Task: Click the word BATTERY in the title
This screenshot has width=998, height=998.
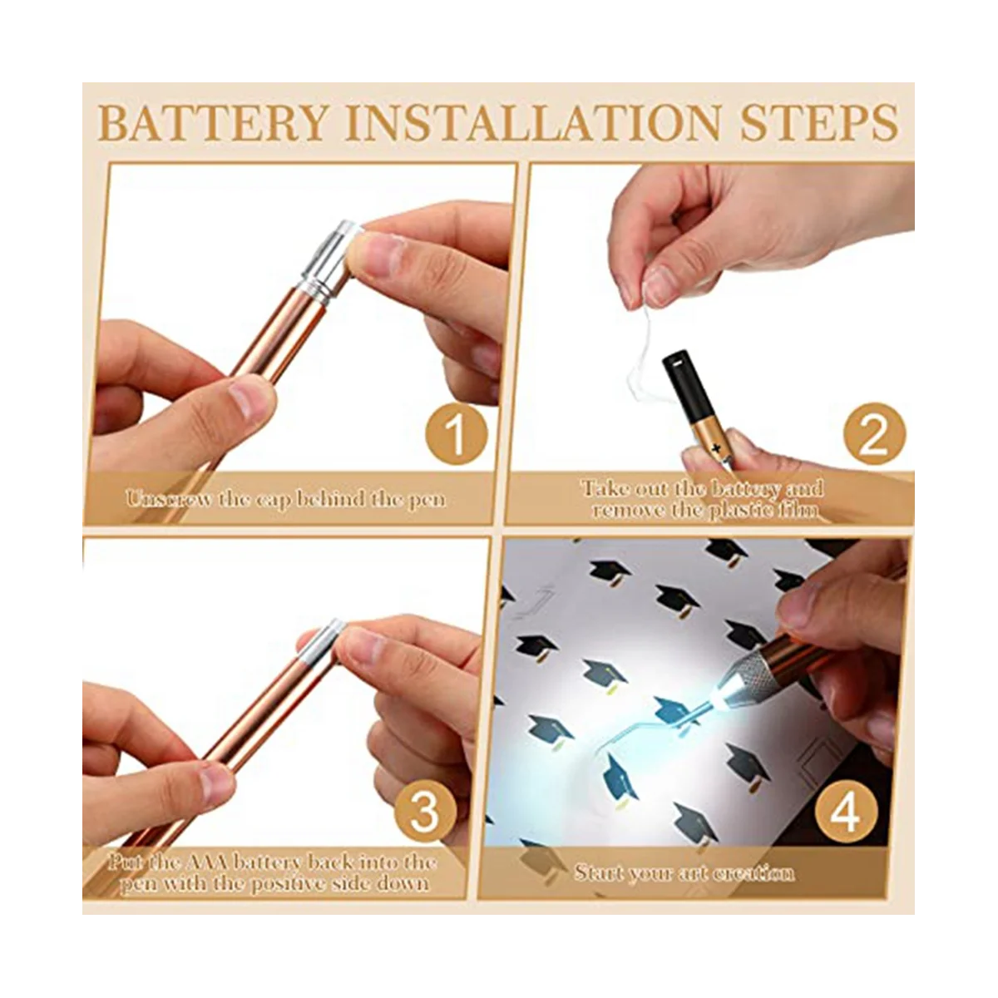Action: pyautogui.click(x=214, y=123)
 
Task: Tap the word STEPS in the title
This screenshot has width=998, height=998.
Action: pyautogui.click(x=819, y=123)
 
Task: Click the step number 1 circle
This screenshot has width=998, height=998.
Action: pyautogui.click(x=457, y=433)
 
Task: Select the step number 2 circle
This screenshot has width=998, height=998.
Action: pyautogui.click(x=875, y=433)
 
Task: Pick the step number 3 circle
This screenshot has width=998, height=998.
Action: pyautogui.click(x=425, y=811)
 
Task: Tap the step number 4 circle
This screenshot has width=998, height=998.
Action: pyautogui.click(x=846, y=812)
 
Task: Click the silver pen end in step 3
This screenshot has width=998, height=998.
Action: pyautogui.click(x=322, y=642)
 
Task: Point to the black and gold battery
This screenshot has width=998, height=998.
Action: pyautogui.click(x=698, y=409)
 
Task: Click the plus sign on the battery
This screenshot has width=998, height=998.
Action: pyautogui.click(x=716, y=447)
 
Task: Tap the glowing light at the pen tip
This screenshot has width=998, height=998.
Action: pyautogui.click(x=721, y=693)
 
